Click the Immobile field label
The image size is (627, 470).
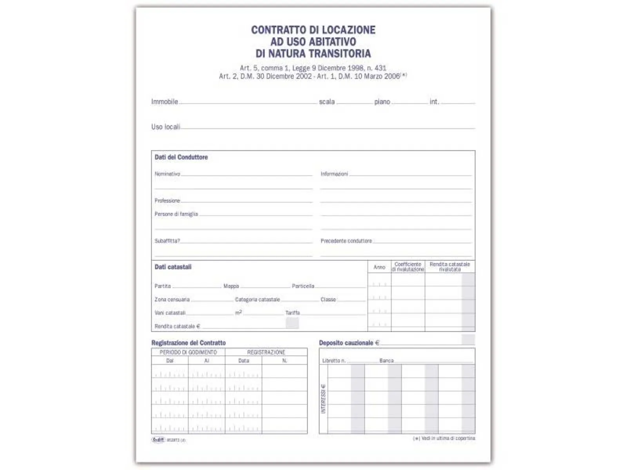pos(165,102)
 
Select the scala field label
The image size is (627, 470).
pos(327,102)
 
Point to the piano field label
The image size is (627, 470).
pos(382,102)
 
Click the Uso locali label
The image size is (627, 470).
pos(165,127)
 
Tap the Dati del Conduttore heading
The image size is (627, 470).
pos(181,157)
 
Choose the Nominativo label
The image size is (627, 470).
pos(167,174)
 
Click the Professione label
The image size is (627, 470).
pos(167,201)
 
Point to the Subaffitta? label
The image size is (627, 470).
pos(167,241)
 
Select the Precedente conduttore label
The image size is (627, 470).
pos(346,241)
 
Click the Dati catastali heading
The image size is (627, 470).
pos(173,267)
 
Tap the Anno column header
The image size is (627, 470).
pos(379,267)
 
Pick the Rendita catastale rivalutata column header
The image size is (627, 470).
pos(449,267)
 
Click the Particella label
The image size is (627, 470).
pos(303,286)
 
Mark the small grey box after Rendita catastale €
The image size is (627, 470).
pos(292,323)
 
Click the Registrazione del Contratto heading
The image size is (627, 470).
pos(188,343)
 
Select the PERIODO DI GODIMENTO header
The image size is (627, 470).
pos(188,352)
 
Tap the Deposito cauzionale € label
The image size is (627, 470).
pos(349,343)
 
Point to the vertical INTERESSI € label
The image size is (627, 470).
pos(323,399)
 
